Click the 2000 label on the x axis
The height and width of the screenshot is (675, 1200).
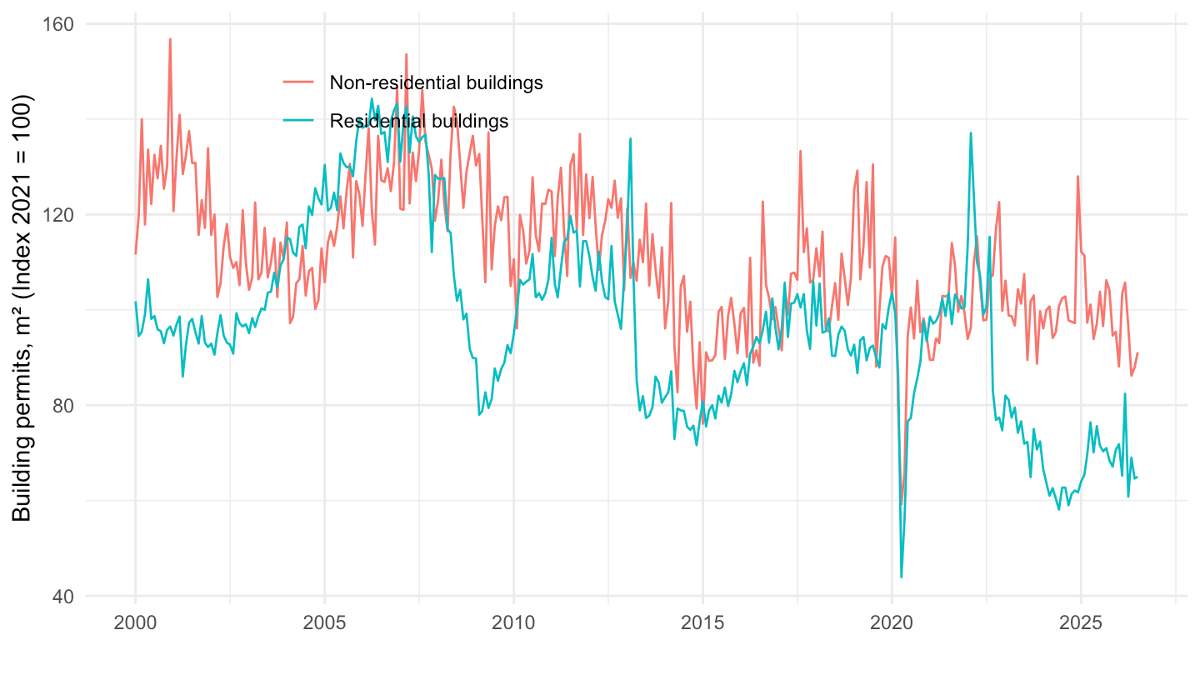(x=135, y=623)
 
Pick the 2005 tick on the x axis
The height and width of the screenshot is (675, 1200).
(x=325, y=623)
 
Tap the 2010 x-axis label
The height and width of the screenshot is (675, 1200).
(x=513, y=623)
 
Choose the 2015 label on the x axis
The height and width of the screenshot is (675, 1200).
(x=702, y=623)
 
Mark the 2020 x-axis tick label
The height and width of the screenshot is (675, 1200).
(x=892, y=623)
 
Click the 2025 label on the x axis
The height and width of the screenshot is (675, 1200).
(x=1081, y=623)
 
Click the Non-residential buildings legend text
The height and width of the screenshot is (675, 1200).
(x=436, y=82)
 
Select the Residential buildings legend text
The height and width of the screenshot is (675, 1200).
(x=419, y=121)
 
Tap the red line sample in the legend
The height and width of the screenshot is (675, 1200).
(x=298, y=82)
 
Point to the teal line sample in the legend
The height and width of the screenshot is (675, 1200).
(x=298, y=121)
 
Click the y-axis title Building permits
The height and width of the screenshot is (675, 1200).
(x=22, y=308)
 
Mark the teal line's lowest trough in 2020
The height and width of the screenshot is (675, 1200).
(x=902, y=577)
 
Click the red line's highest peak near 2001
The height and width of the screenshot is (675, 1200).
(x=170, y=39)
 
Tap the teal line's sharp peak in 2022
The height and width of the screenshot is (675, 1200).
(x=971, y=133)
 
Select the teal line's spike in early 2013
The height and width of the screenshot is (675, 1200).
(x=631, y=138)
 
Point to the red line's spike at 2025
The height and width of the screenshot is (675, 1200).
(x=1077, y=177)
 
